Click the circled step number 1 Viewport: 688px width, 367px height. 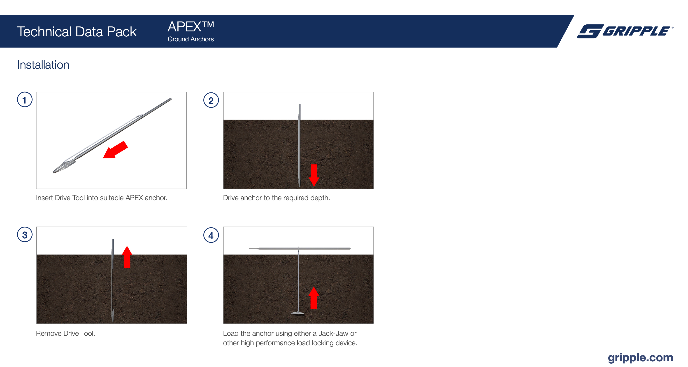25,100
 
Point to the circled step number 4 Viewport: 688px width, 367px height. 211,235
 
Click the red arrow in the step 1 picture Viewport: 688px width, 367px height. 115,150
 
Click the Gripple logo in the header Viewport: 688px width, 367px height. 625,31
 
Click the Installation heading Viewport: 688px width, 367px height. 43,65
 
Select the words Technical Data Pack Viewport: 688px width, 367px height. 77,32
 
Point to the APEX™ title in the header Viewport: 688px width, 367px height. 191,26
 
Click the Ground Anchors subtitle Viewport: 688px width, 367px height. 191,39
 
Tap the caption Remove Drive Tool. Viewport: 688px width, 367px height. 65,333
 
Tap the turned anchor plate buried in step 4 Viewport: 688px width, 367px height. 297,313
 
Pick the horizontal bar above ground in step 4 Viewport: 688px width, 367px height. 299,248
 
